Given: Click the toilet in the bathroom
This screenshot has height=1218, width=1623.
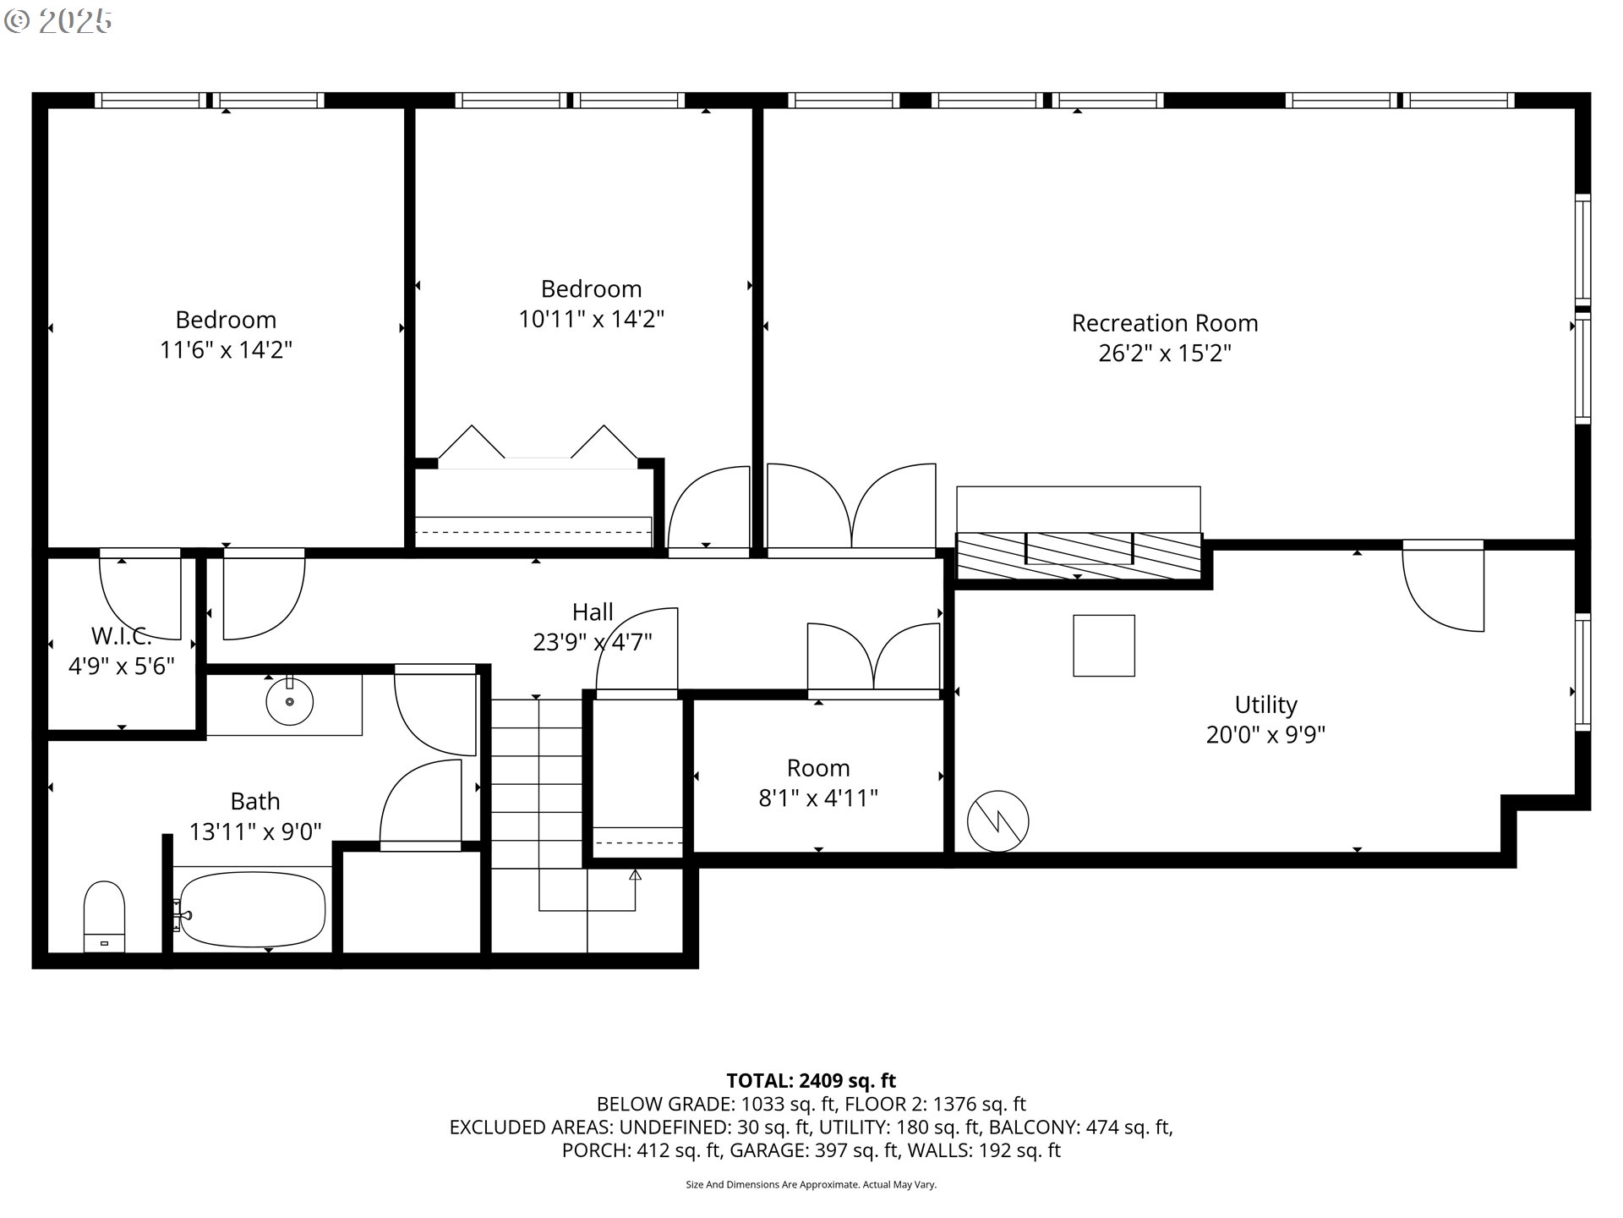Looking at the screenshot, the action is pyautogui.click(x=104, y=917).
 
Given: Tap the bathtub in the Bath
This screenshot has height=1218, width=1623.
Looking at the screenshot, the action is pyautogui.click(x=252, y=909).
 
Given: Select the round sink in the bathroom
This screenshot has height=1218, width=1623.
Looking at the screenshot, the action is pyautogui.click(x=289, y=701).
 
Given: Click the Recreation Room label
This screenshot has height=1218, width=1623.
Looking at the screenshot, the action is pyautogui.click(x=1165, y=323).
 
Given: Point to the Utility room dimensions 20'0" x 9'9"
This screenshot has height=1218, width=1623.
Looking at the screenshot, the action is pyautogui.click(x=1265, y=734).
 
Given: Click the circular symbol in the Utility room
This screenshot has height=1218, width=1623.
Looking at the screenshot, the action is pyautogui.click(x=997, y=820).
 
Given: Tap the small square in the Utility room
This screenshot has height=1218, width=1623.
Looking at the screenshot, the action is pyautogui.click(x=1104, y=645).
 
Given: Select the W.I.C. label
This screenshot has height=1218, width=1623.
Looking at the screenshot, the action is pyautogui.click(x=121, y=635).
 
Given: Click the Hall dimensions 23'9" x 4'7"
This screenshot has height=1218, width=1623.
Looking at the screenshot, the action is pyautogui.click(x=593, y=643).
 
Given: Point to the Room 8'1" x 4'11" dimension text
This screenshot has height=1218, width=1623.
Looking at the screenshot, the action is pyautogui.click(x=818, y=798).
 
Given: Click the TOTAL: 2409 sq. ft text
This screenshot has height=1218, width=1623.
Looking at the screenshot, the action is pyautogui.click(x=811, y=1080).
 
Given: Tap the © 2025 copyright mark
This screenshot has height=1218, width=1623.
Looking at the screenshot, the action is pyautogui.click(x=57, y=21).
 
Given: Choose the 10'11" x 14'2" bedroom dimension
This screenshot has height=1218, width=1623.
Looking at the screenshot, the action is pyautogui.click(x=592, y=319).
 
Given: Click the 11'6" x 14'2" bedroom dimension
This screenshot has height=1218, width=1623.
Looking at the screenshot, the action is pyautogui.click(x=226, y=349).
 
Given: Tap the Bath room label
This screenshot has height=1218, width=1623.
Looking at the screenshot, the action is pyautogui.click(x=255, y=801).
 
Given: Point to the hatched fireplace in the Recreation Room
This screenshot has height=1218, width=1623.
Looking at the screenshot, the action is pyautogui.click(x=1079, y=556).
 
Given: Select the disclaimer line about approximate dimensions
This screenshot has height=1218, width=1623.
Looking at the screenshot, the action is pyautogui.click(x=811, y=1185).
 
